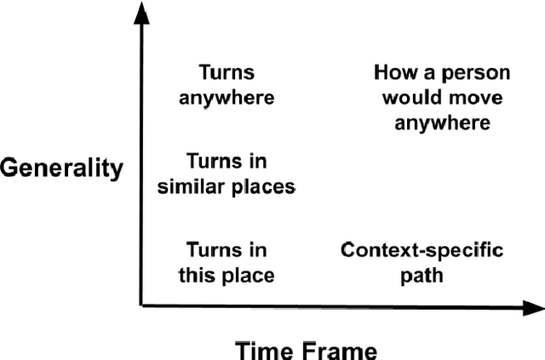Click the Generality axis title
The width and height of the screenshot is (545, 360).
tap(61, 168)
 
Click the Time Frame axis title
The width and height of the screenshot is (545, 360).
tap(306, 348)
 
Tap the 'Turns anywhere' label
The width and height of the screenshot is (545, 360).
tap(227, 84)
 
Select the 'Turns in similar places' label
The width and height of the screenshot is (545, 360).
tap(227, 174)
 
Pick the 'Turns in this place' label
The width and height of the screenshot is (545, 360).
tap(227, 263)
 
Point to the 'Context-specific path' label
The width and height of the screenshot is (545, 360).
tap(422, 263)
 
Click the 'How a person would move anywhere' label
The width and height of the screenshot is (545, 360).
tap(436, 97)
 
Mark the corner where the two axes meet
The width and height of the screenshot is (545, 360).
tap(141, 305)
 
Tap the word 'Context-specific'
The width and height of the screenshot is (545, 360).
tap(422, 251)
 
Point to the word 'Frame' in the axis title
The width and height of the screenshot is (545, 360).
tap(338, 348)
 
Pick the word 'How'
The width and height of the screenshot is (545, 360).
tap(393, 72)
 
